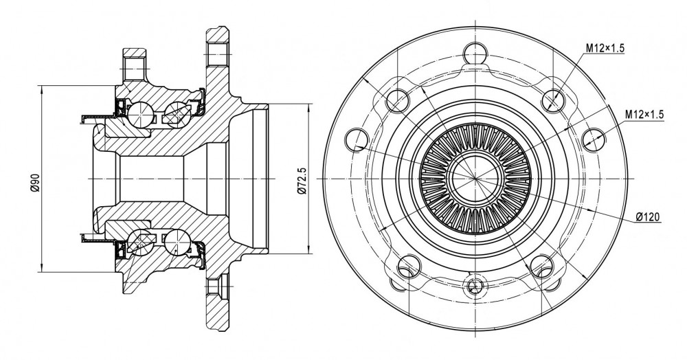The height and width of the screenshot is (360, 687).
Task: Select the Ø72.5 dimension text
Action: coord(302,179)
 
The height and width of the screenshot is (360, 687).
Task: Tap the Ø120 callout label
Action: coord(648,217)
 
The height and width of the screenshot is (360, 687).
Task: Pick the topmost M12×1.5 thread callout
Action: coord(605,48)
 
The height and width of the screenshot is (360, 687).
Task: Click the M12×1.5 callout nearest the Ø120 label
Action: coord(644,115)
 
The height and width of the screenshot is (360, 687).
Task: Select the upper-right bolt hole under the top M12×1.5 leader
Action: coord(552,100)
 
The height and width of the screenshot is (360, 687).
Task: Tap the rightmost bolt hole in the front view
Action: coord(594,139)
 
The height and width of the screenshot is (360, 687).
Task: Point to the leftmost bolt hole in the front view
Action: coord(357,139)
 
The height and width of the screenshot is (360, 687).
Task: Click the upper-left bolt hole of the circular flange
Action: coord(397,100)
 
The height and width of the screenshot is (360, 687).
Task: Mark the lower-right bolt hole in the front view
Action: coord(541,266)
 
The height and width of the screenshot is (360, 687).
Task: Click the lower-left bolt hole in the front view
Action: coord(409,266)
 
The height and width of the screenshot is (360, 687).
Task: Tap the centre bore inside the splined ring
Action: coord(475,179)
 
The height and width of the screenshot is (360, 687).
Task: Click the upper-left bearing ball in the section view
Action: coord(139,113)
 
